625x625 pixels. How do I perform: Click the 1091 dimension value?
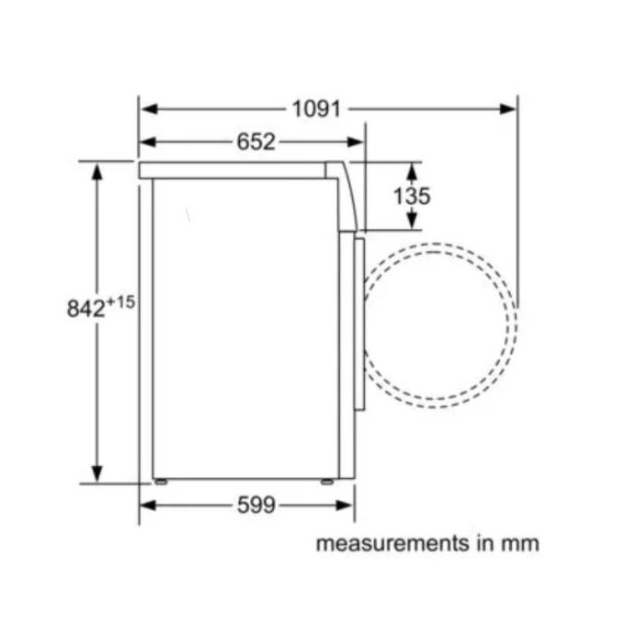pyautogui.click(x=316, y=108)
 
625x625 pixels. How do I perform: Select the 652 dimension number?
pyautogui.click(x=256, y=142)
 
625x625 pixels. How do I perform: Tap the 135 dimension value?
pyautogui.click(x=412, y=196)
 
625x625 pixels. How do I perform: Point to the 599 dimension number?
pyautogui.click(x=256, y=505)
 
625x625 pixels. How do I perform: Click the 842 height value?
pyautogui.click(x=85, y=309)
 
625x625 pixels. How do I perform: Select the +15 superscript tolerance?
pyautogui.click(x=120, y=302)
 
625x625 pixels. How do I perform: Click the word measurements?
pyautogui.click(x=392, y=543)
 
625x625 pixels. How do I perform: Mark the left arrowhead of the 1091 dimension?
pyautogui.click(x=149, y=108)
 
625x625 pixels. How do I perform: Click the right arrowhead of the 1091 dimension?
pyautogui.click(x=507, y=108)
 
